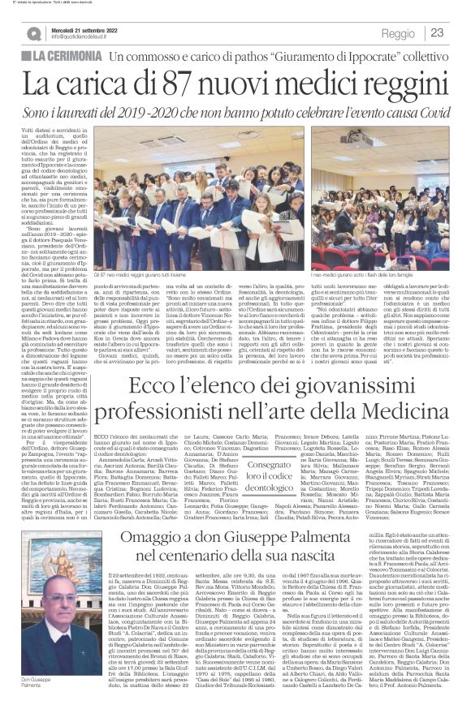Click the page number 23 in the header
[x=437, y=32]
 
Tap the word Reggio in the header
[x=397, y=33]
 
